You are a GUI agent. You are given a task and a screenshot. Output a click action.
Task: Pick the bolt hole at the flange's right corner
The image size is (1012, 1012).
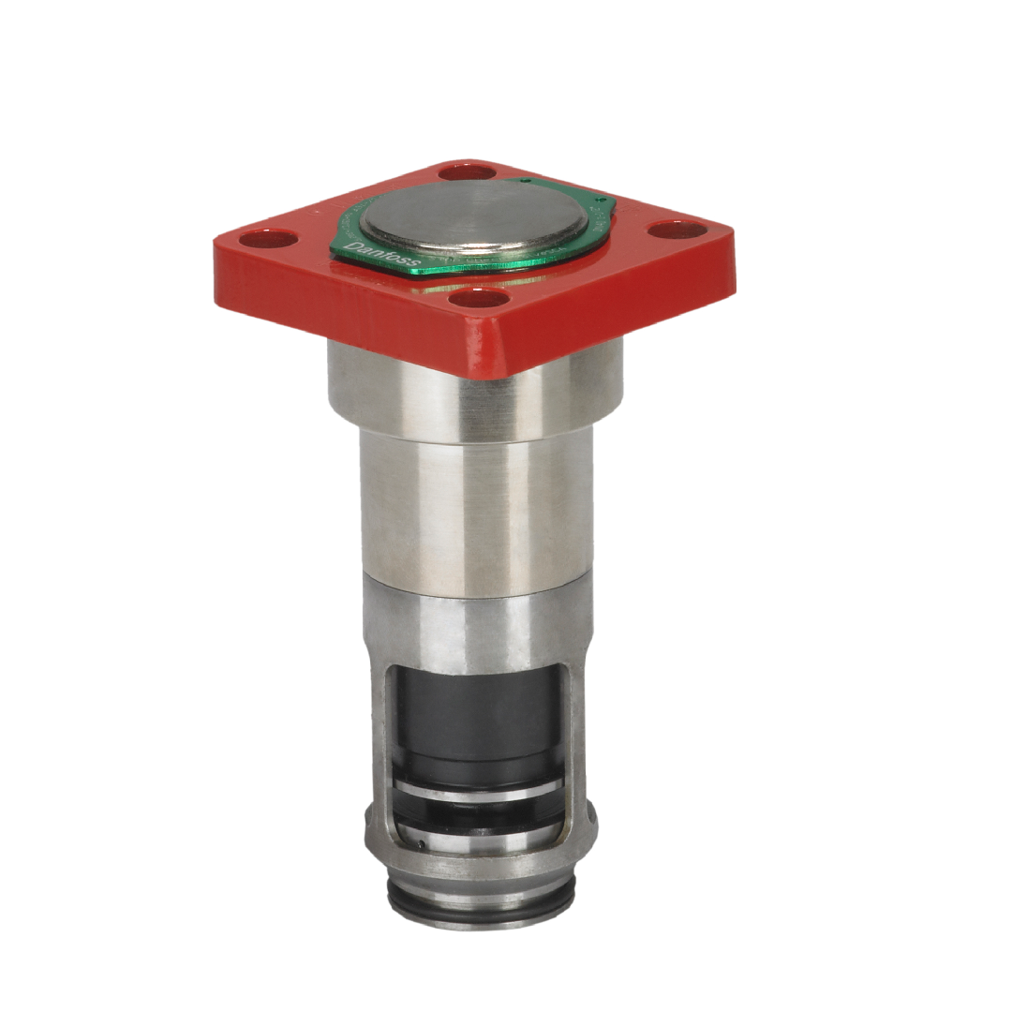coord(672,230)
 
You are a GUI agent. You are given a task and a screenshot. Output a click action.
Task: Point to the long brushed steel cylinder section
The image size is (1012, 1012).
coord(476,511)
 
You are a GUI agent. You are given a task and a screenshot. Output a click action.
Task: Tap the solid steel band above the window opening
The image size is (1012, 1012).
coord(476,628)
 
